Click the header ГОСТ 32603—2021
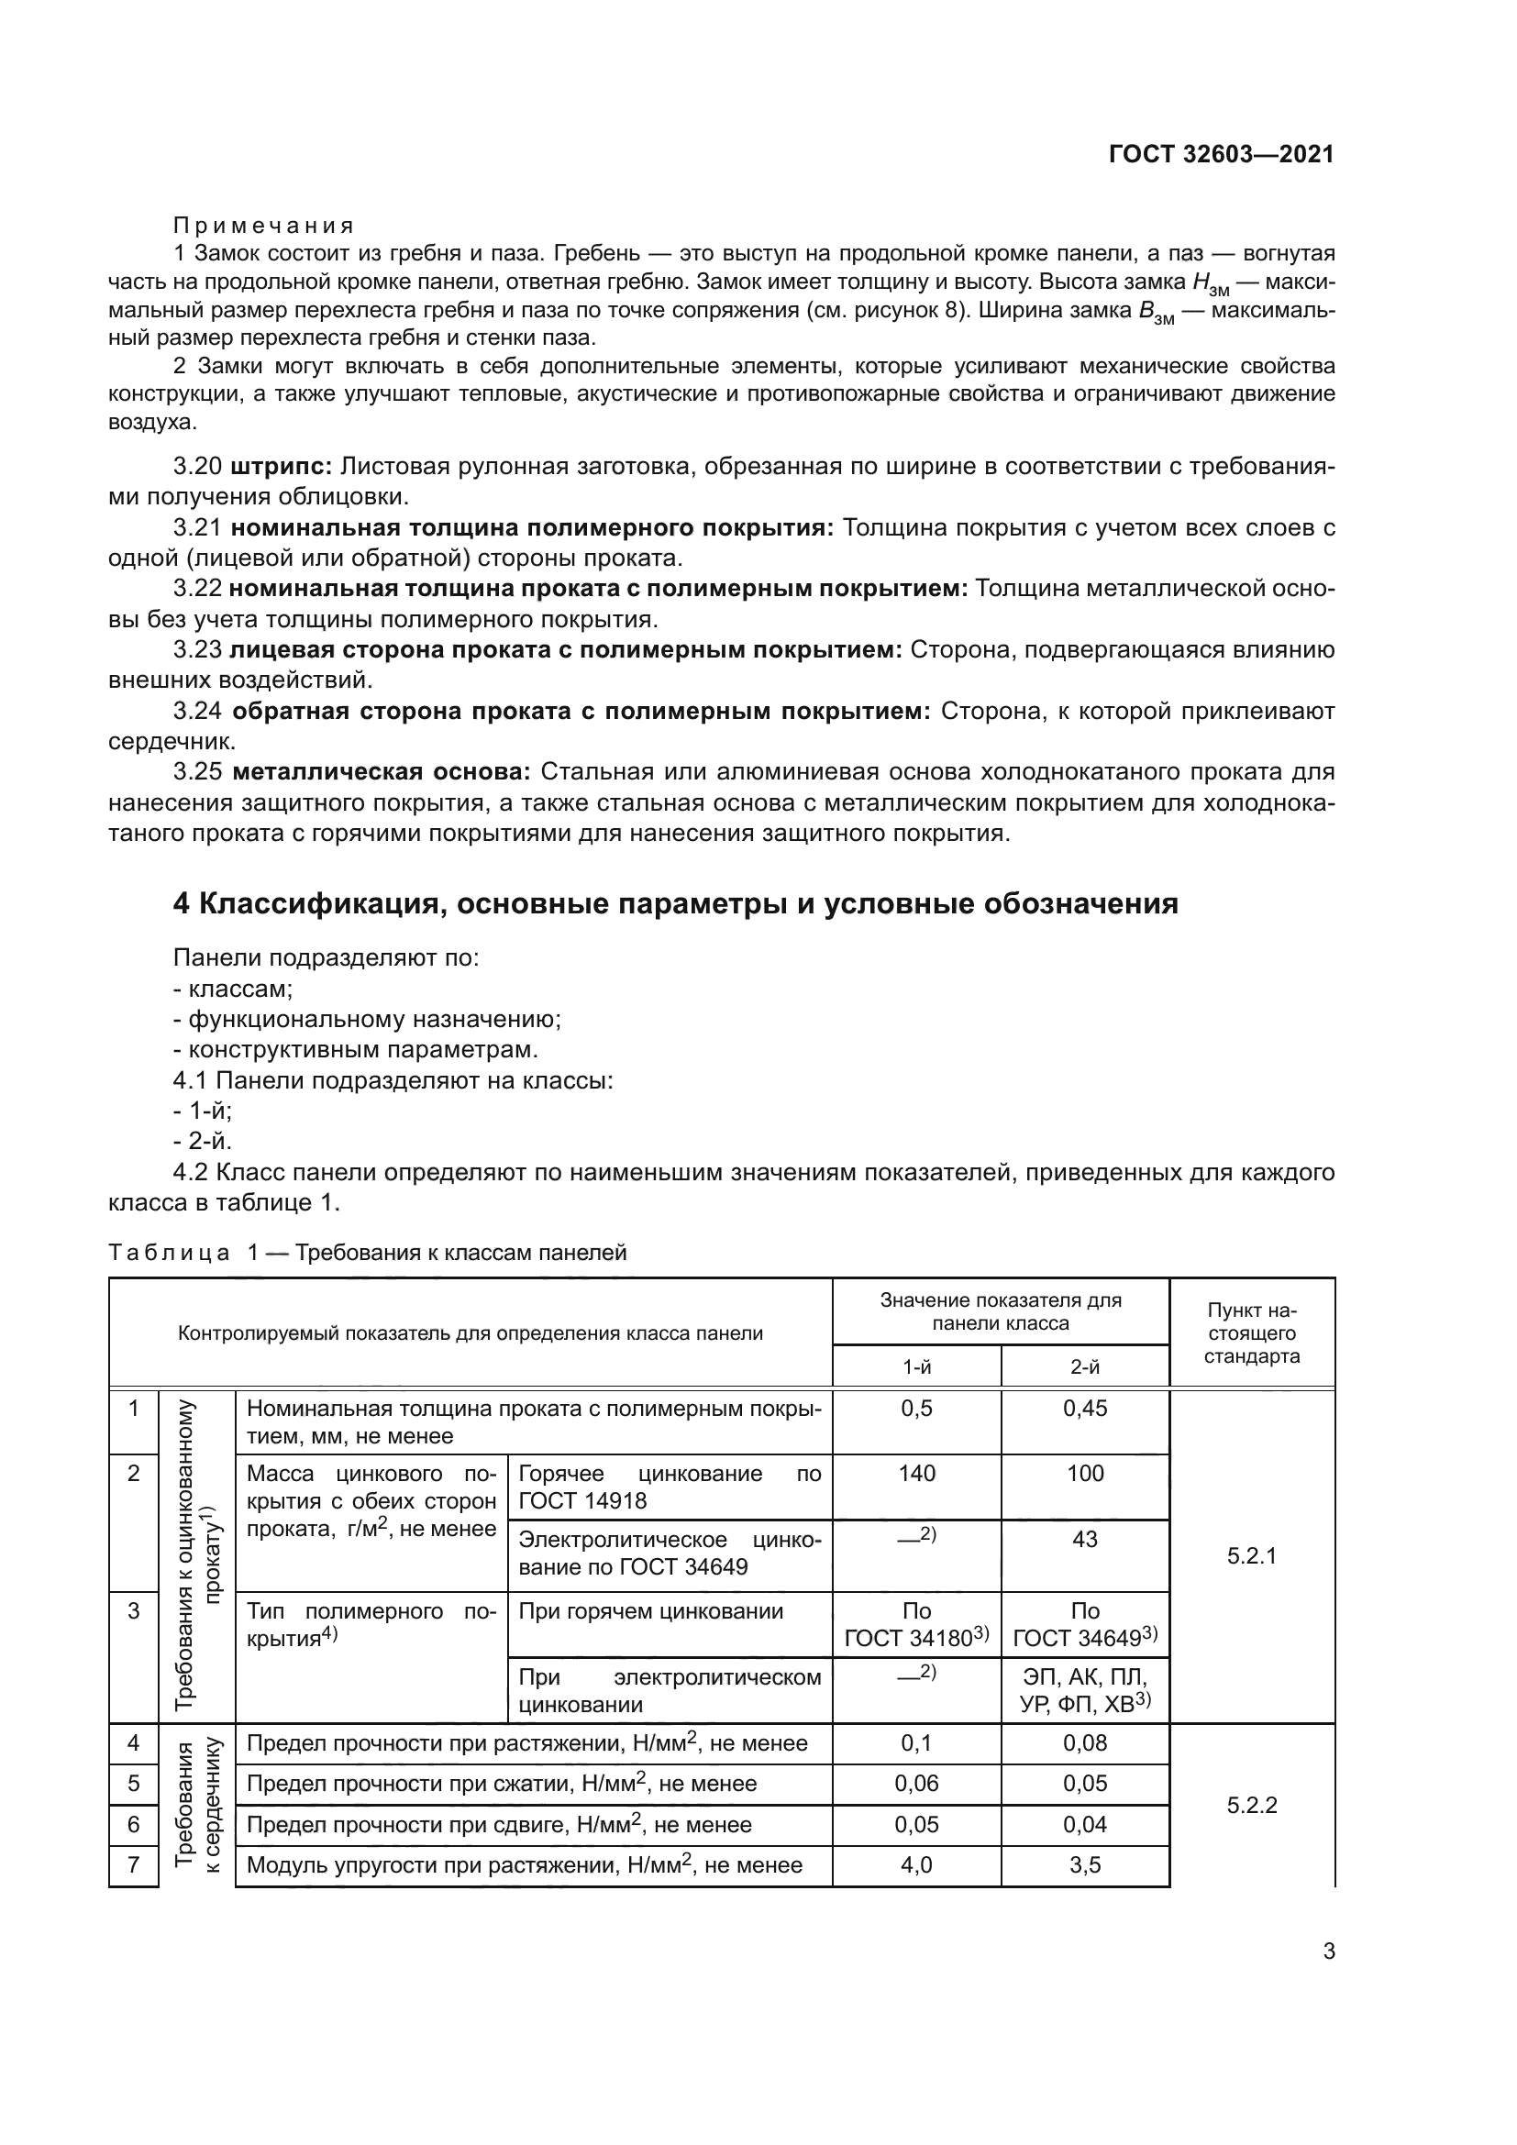point(1221,155)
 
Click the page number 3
point(1328,1952)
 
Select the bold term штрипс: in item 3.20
point(282,466)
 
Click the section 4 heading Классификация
point(674,903)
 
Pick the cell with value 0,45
point(1084,1408)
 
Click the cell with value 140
point(916,1474)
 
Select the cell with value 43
point(1084,1539)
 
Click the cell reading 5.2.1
point(1251,1555)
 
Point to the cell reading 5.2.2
point(1251,1805)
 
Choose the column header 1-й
point(916,1366)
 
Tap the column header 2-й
point(1084,1366)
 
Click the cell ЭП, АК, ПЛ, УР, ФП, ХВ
point(1084,1690)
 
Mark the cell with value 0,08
point(1084,1742)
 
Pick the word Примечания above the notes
point(264,226)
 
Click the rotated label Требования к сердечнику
point(196,1805)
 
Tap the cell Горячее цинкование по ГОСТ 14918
point(669,1487)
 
